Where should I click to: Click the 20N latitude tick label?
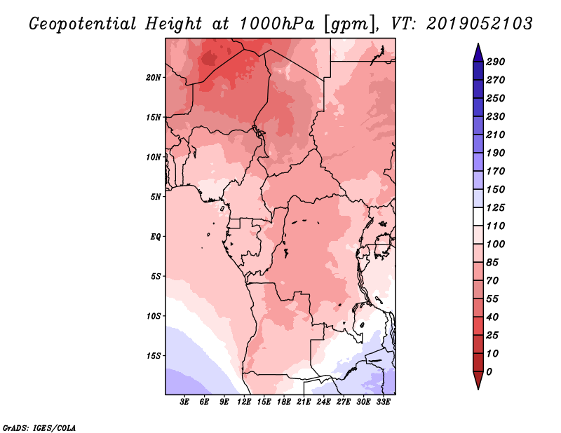click(154, 78)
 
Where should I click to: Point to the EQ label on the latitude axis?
click(156, 237)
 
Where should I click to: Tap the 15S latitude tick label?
click(154, 356)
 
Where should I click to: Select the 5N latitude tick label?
click(156, 197)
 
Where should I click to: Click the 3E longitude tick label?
click(184, 402)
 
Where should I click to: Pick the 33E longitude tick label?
click(383, 402)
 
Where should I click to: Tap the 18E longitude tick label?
click(284, 402)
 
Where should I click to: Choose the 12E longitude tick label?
click(244, 402)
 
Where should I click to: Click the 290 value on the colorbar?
click(496, 62)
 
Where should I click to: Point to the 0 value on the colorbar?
click(489, 372)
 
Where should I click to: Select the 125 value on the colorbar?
click(496, 207)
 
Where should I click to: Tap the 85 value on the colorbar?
click(492, 263)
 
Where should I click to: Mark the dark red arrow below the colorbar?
click(478, 380)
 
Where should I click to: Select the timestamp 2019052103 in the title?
click(480, 24)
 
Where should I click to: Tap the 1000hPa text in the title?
click(277, 24)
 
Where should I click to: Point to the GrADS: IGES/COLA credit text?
click(39, 428)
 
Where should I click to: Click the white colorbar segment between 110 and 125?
click(478, 216)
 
